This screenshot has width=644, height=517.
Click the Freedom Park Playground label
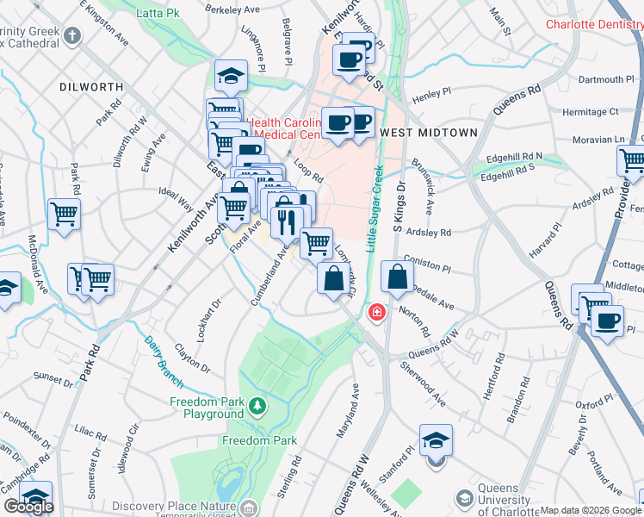click(x=207, y=408)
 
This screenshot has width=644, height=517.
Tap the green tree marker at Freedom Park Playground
click(x=257, y=405)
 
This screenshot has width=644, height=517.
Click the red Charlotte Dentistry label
click(x=594, y=24)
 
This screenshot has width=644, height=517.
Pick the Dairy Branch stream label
click(x=164, y=356)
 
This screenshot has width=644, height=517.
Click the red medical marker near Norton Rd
click(x=376, y=313)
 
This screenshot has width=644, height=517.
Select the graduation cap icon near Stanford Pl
click(x=437, y=441)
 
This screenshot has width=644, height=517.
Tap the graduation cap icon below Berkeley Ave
click(x=231, y=76)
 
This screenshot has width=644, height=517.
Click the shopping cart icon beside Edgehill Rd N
click(x=631, y=161)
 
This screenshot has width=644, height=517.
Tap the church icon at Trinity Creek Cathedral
click(x=73, y=36)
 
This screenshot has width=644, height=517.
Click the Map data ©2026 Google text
click(x=591, y=510)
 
